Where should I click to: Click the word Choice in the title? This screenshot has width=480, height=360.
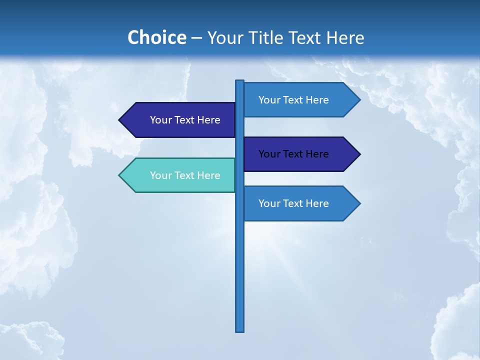click(156, 37)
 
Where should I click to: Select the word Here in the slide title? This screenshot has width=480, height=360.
click(345, 37)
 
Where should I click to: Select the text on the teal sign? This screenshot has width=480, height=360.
click(185, 175)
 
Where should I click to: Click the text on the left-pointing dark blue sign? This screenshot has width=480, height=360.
click(185, 120)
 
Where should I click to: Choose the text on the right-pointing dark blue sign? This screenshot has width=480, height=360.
click(293, 154)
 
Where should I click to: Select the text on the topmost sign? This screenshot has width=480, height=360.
click(293, 100)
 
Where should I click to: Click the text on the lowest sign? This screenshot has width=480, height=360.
click(293, 203)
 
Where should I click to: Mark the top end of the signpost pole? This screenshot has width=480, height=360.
click(240, 81)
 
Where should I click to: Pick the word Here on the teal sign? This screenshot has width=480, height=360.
click(208, 175)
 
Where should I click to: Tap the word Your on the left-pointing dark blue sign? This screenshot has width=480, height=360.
click(161, 120)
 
